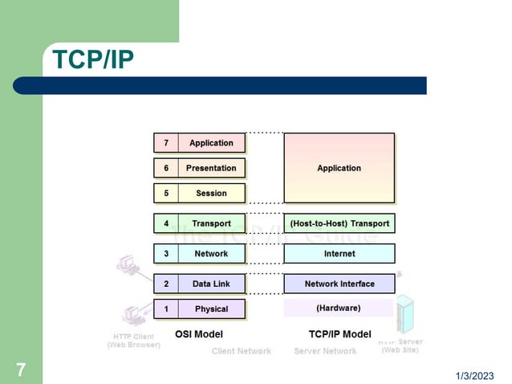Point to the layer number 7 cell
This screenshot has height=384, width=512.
coord(166,143)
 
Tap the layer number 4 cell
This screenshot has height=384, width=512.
coord(166,223)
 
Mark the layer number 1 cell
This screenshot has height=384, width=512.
coord(166,308)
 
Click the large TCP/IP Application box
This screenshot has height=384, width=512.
coord(339,168)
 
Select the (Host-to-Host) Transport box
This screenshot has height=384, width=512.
coord(339,223)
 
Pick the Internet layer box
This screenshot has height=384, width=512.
coord(339,254)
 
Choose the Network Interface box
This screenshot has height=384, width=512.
coord(339,284)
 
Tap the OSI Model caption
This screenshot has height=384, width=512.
coord(198,333)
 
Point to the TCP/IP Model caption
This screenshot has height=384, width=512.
coord(339,333)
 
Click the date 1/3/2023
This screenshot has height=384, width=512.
coord(476,376)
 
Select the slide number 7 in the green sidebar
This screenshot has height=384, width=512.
coord(21,370)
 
